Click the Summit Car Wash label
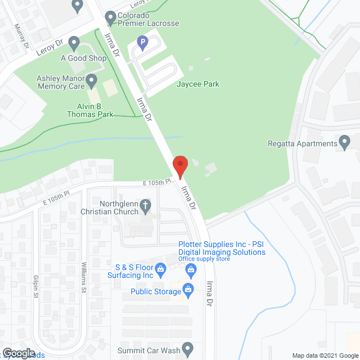[x=148, y=351]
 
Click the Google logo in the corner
[x=18, y=353]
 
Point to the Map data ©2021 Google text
[x=325, y=355]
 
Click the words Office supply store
[x=204, y=259]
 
